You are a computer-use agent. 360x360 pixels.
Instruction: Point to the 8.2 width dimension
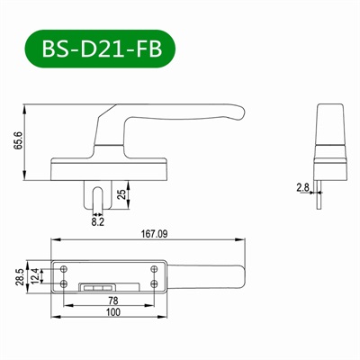[x=98, y=219]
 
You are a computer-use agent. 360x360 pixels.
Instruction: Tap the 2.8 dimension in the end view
[x=303, y=186]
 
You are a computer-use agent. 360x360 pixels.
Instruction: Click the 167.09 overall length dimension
[x=155, y=233]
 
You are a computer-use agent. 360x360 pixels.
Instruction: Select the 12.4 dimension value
[x=36, y=275]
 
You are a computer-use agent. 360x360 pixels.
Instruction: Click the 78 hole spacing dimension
[x=112, y=300]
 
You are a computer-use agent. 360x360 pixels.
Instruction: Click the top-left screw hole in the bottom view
[x=65, y=267]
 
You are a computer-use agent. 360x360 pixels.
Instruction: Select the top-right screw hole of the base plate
[x=155, y=267]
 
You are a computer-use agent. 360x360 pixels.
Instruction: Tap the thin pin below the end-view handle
[x=320, y=191]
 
